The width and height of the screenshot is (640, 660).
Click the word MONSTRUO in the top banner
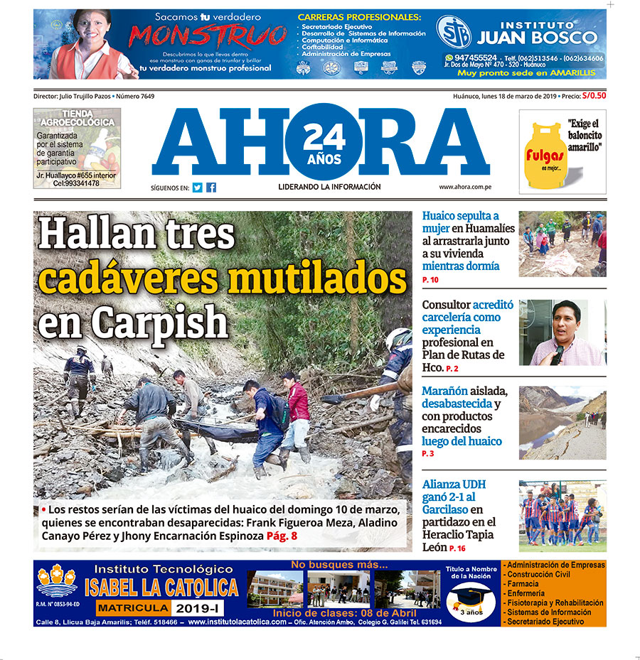pyautogui.click(x=198, y=36)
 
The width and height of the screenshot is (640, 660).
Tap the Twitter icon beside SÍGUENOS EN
pyautogui.click(x=198, y=188)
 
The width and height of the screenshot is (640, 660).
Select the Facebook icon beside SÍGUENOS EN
pyautogui.click(x=211, y=188)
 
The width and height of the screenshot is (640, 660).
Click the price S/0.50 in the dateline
pyautogui.click(x=594, y=96)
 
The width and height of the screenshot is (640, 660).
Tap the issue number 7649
pyautogui.click(x=144, y=96)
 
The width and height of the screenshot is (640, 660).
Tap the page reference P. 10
pyautogui.click(x=430, y=280)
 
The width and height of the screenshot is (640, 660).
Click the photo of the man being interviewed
pyautogui.click(x=562, y=332)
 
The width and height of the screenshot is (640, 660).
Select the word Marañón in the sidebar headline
pyautogui.click(x=444, y=391)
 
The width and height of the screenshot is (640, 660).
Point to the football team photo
pyautogui.click(x=562, y=515)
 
